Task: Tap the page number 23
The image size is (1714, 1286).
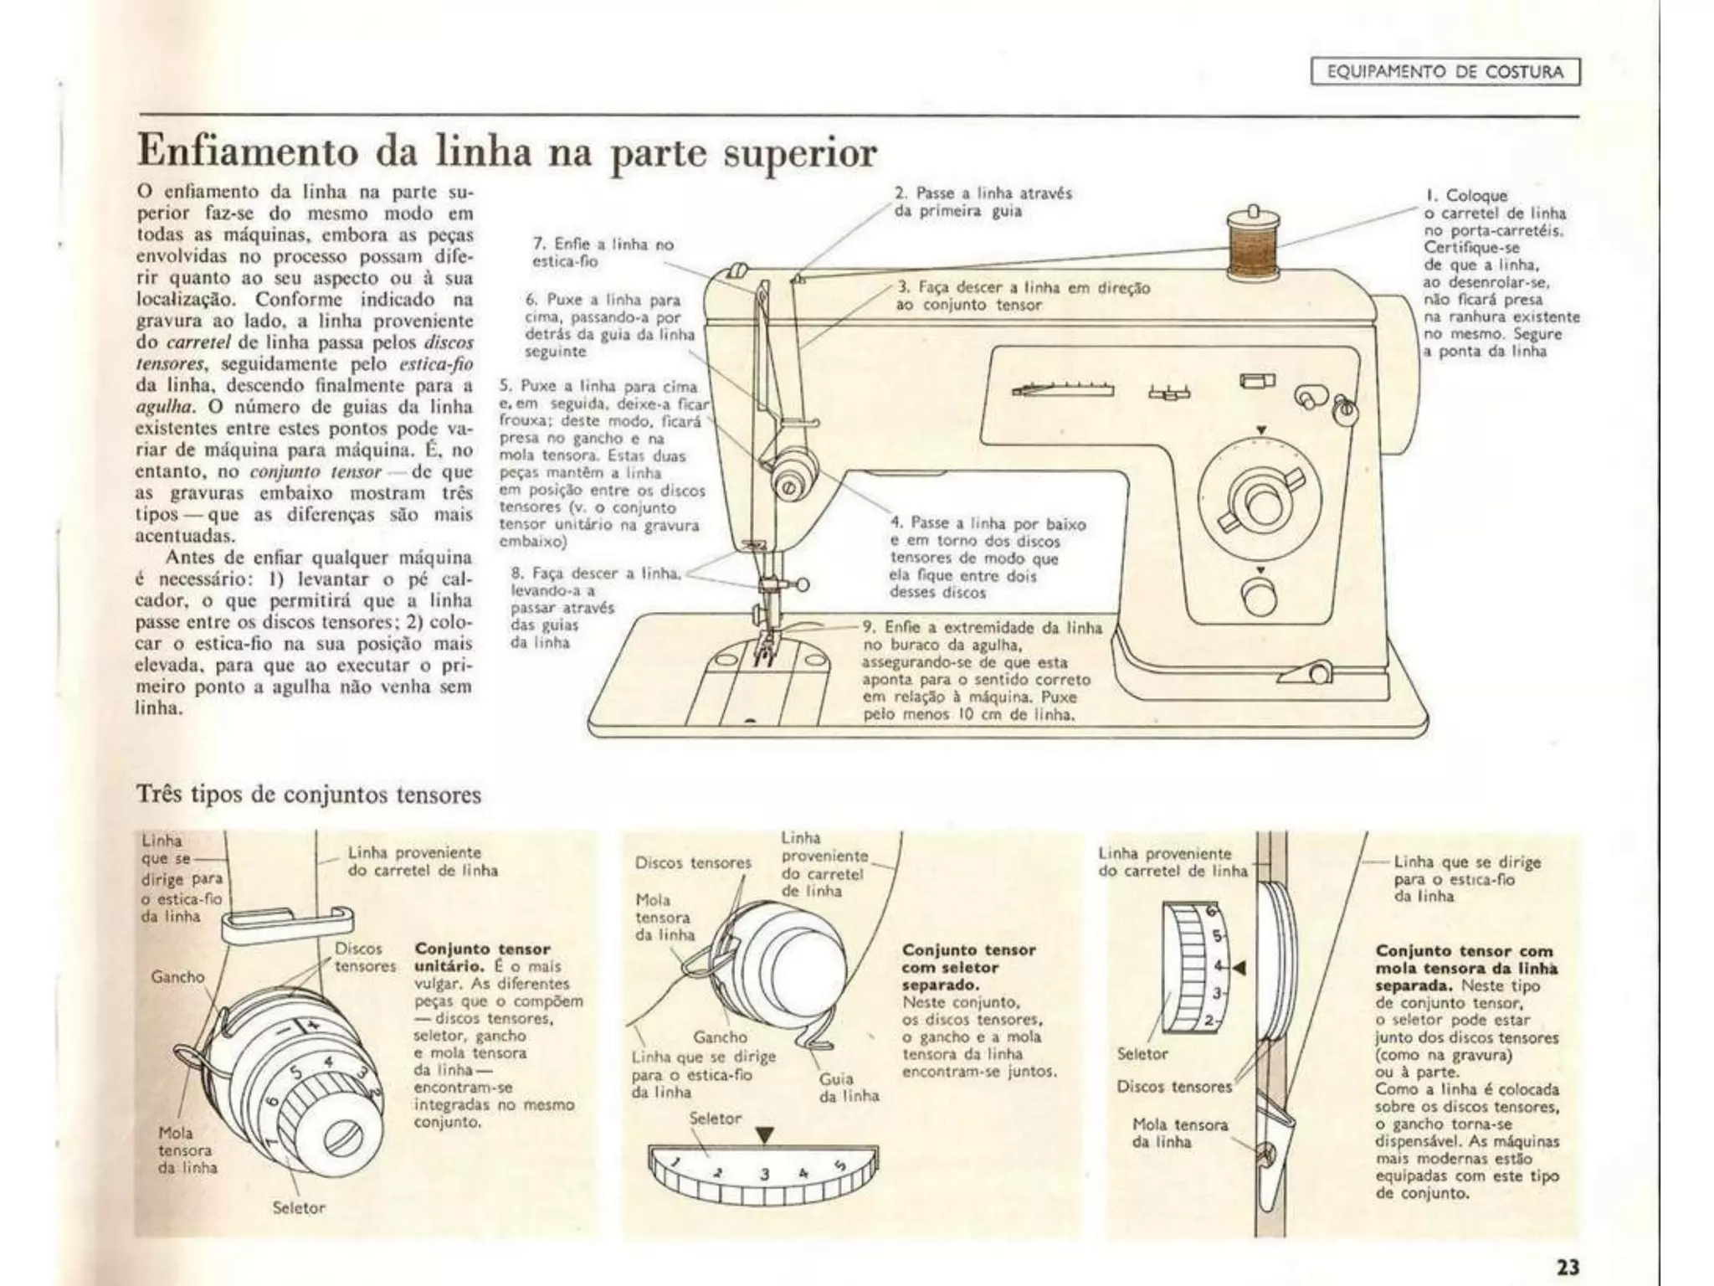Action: (1568, 1266)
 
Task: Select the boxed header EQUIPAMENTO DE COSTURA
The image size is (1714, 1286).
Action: (1445, 72)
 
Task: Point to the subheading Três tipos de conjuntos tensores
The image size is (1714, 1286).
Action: (308, 794)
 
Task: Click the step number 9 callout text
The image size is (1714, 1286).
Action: (981, 670)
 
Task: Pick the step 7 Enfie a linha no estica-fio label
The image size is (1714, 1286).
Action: (603, 253)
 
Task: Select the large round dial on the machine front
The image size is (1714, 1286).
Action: (1260, 501)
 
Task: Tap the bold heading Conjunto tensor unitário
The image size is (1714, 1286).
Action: (483, 958)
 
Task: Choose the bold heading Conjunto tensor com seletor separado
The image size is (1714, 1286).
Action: (968, 967)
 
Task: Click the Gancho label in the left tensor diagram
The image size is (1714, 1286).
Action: (177, 977)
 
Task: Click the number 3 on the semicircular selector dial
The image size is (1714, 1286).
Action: (764, 1175)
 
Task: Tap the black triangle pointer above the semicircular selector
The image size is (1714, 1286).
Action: (764, 1135)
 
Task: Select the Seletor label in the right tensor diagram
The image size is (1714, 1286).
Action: (1142, 1053)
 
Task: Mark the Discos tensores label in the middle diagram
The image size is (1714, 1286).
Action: (693, 862)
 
